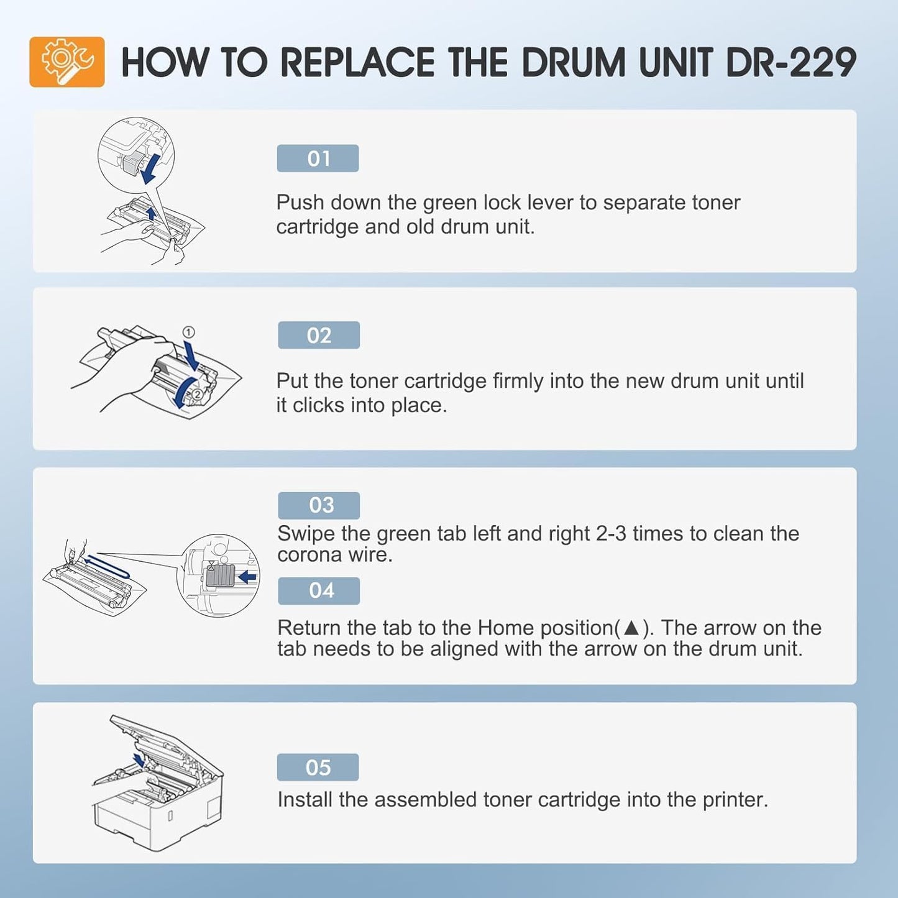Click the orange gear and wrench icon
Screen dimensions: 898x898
[67, 62]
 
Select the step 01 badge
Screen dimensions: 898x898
[318, 158]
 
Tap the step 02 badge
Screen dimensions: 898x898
[319, 336]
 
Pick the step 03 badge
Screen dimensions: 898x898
[319, 505]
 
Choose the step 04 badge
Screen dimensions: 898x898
[319, 590]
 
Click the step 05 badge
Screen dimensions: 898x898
[318, 767]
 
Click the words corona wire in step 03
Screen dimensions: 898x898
[334, 555]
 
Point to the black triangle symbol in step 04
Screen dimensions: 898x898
[631, 628]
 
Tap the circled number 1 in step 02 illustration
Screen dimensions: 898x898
[189, 332]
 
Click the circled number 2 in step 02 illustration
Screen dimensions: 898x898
[197, 393]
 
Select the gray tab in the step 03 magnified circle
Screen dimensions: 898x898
[220, 576]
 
